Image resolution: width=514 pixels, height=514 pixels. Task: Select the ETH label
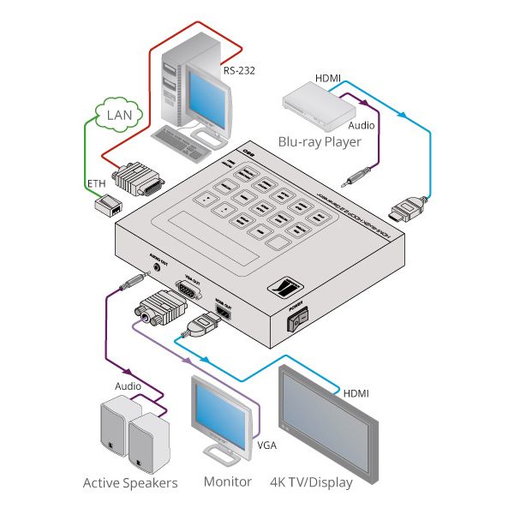(x=96, y=184)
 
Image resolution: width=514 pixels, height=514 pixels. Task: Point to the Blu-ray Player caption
(x=318, y=140)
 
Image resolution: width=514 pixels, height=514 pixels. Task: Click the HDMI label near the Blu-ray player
(x=328, y=78)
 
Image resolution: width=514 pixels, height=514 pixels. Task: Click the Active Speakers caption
(x=130, y=483)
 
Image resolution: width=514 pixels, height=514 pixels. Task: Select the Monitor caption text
(x=227, y=481)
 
